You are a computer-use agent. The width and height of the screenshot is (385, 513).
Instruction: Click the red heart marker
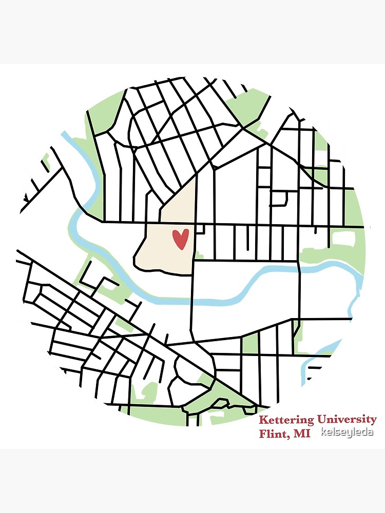180,239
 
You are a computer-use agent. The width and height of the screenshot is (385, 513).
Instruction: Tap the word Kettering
286,420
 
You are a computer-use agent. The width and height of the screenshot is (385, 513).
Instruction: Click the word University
346,420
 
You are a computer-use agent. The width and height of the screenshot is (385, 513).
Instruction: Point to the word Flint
274,434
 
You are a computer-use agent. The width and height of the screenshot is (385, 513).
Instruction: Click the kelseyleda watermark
346,432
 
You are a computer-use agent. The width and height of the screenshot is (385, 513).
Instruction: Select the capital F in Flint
263,434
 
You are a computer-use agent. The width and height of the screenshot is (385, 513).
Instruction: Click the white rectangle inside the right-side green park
343,238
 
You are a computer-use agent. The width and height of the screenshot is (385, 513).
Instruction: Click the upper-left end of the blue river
65,135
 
